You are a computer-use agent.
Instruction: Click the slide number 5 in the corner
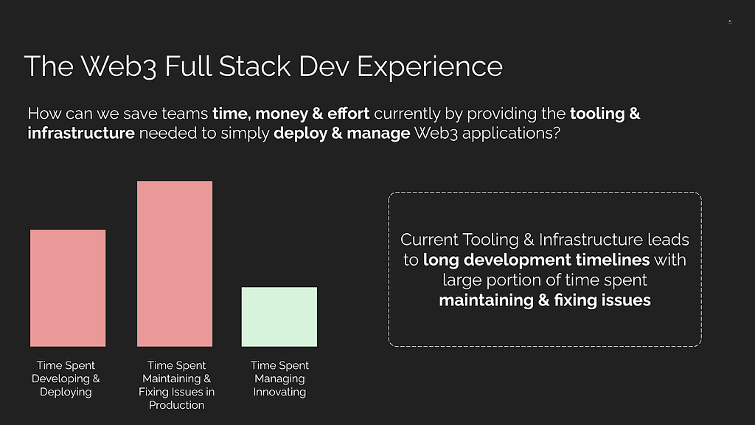tap(730, 22)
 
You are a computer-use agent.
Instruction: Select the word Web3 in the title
tap(119, 66)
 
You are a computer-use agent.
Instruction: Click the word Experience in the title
tap(430, 67)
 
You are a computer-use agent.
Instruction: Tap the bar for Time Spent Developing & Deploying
tap(68, 288)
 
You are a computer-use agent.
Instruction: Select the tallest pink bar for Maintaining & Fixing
tap(175, 263)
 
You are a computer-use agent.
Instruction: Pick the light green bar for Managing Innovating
tap(279, 317)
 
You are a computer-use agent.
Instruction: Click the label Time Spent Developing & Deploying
tap(66, 379)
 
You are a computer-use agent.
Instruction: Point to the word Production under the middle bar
tap(177, 405)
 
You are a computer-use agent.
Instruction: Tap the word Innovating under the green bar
tap(279, 393)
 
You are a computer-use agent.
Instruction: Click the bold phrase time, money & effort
tap(290, 114)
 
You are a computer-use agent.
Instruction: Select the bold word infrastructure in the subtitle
tap(81, 133)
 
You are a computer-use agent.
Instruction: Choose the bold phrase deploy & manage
tap(342, 134)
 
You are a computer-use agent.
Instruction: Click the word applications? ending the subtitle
tap(512, 134)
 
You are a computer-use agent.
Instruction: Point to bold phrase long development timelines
tap(537, 260)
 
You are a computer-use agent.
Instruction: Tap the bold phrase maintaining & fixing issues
tap(545, 300)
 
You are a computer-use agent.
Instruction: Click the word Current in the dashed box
tap(429, 240)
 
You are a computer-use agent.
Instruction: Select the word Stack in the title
tap(254, 66)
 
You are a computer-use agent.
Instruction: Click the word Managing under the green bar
tap(279, 379)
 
